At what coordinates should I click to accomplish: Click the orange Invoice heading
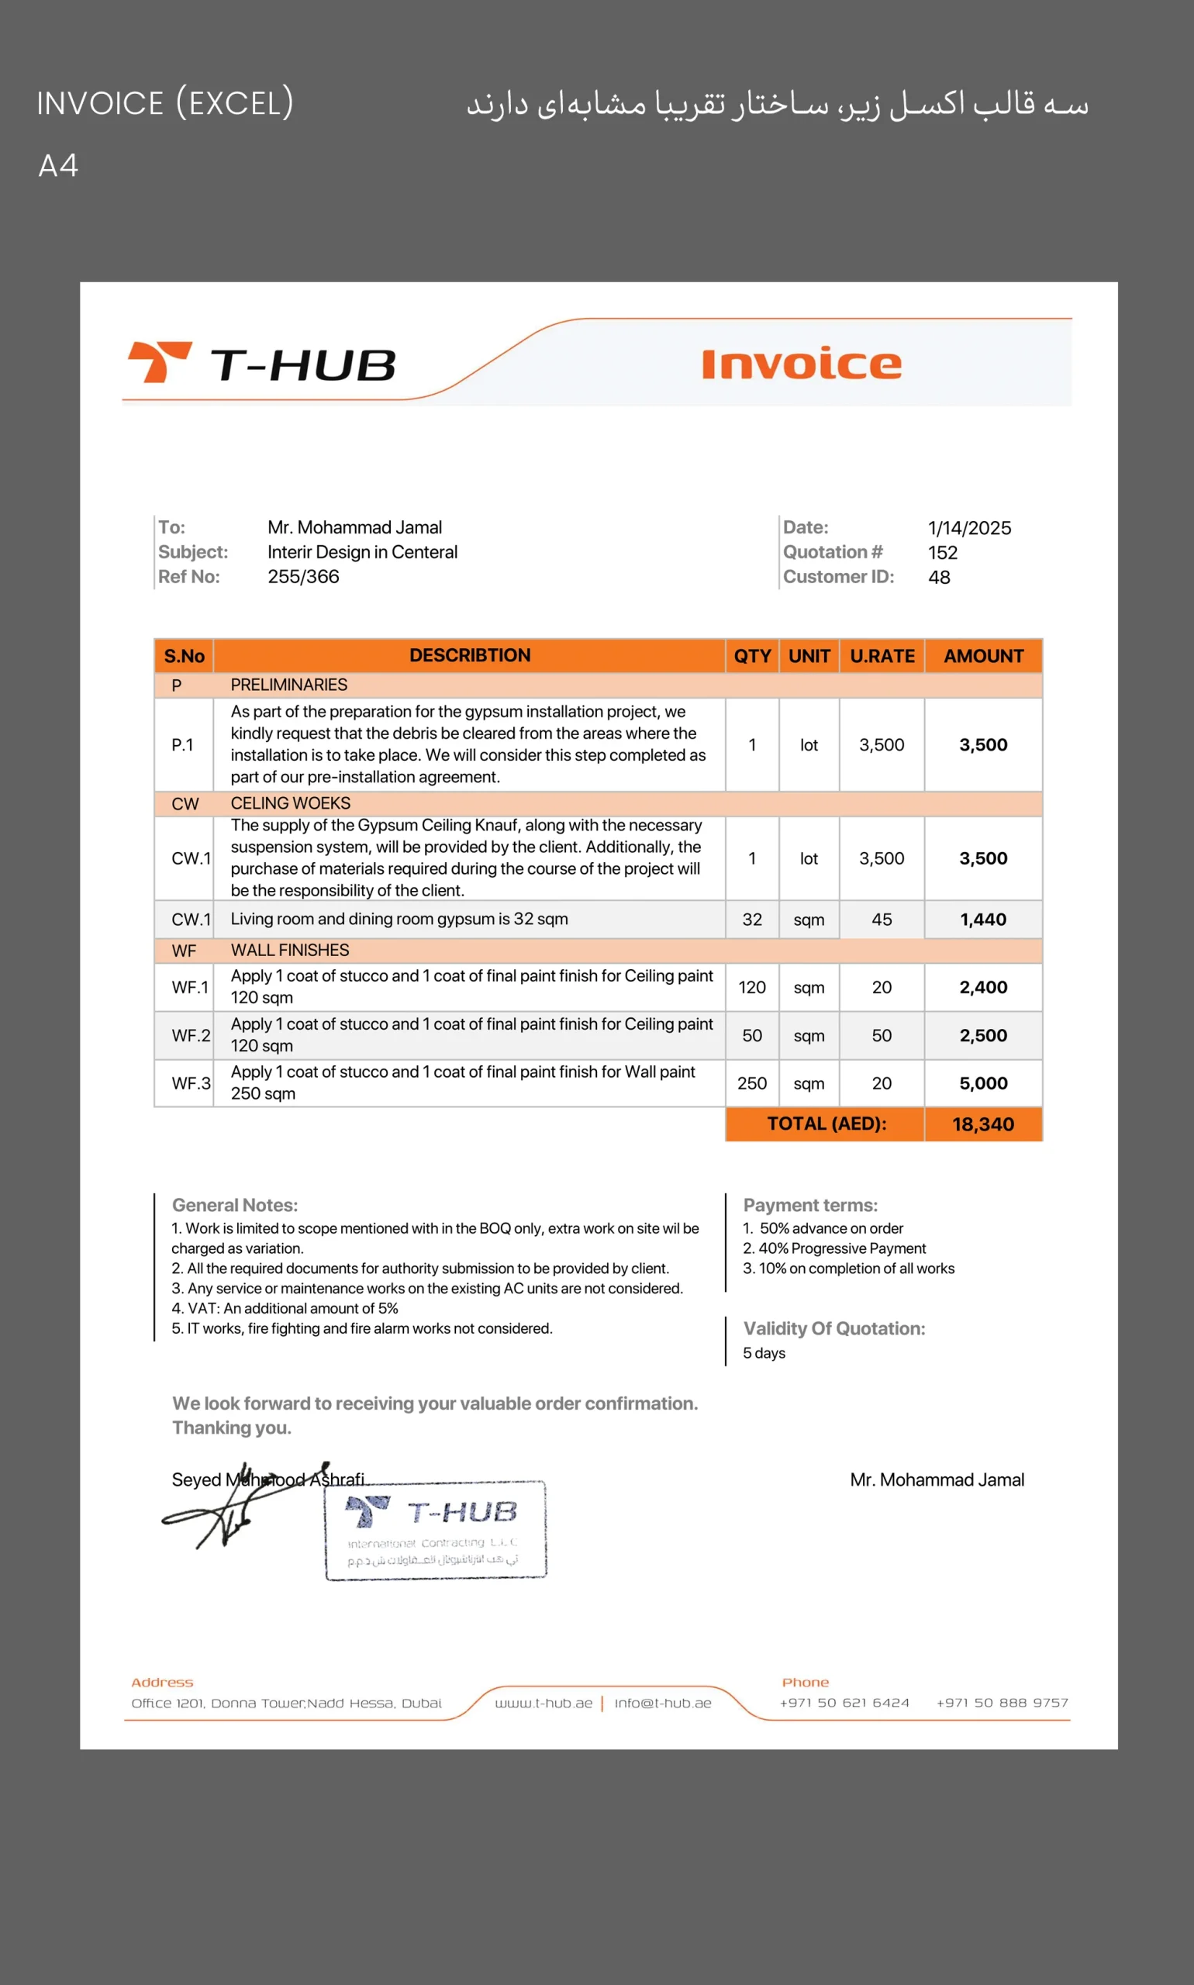click(802, 364)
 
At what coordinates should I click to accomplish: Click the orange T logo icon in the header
click(159, 361)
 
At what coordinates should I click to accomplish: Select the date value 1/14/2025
click(968, 528)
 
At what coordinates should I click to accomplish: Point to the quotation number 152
click(942, 553)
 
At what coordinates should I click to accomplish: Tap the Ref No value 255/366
click(303, 577)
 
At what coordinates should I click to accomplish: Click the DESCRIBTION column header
click(470, 656)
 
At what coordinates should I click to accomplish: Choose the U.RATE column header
click(882, 657)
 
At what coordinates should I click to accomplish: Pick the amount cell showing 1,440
click(982, 920)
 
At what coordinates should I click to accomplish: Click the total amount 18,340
click(982, 1124)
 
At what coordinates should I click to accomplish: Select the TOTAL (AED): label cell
click(826, 1124)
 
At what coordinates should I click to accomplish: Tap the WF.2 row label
click(191, 1036)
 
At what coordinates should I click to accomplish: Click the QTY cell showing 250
click(751, 1084)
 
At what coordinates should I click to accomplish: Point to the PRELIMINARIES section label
click(289, 685)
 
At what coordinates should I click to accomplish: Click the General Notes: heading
click(235, 1205)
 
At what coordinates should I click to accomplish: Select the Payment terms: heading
click(810, 1205)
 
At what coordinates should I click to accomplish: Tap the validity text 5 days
click(764, 1353)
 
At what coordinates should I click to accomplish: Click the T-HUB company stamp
click(435, 1531)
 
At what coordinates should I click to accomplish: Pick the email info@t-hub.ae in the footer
click(663, 1704)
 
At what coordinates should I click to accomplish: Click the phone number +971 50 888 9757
click(1002, 1703)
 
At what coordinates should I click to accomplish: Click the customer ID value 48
click(939, 578)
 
